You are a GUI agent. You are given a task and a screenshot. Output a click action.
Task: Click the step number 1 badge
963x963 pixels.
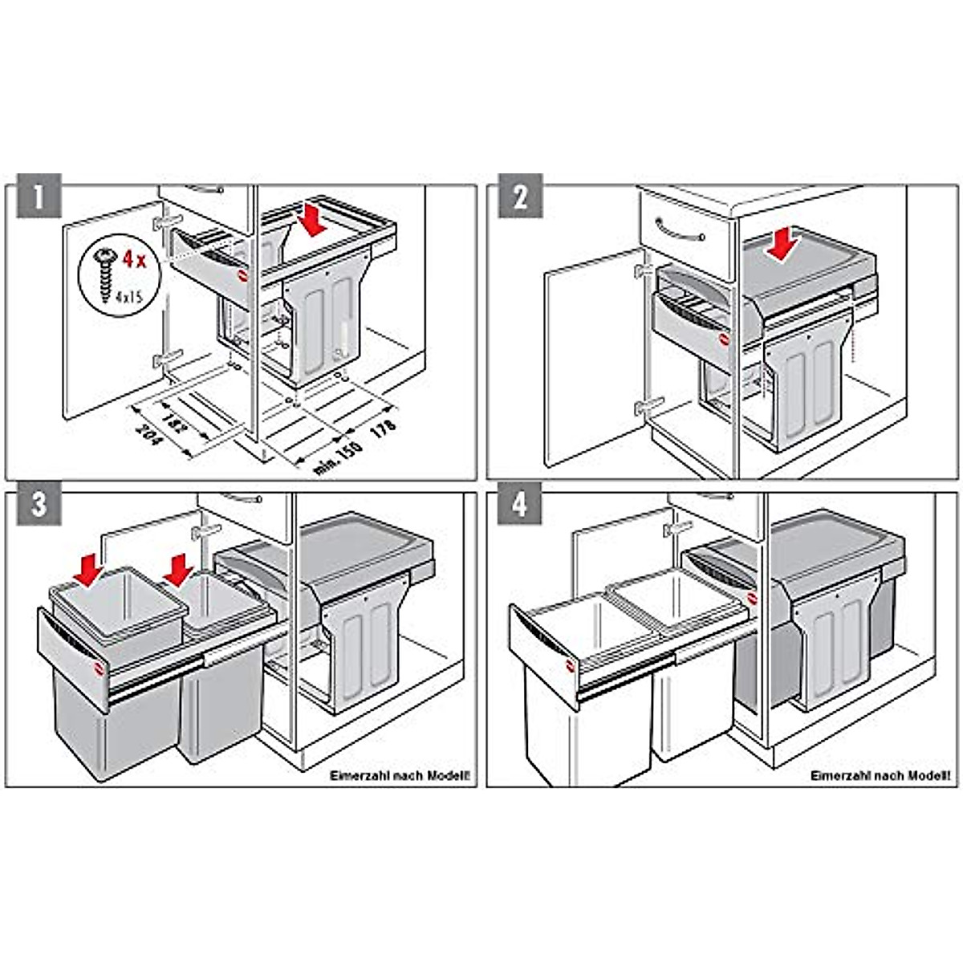[38, 196]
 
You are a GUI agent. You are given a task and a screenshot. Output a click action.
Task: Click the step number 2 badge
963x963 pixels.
[519, 196]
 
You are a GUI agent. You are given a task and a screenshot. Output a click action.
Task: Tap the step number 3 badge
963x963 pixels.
[38, 504]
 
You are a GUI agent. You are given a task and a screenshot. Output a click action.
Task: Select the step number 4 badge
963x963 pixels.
[519, 504]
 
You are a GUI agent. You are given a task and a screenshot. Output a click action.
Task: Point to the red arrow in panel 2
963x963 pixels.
[781, 242]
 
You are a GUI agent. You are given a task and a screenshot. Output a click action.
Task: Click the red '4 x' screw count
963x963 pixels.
[133, 258]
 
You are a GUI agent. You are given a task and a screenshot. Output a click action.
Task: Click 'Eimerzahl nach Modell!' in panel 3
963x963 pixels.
[400, 776]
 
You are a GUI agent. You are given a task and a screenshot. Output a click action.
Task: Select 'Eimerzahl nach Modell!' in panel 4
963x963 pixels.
[880, 776]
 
